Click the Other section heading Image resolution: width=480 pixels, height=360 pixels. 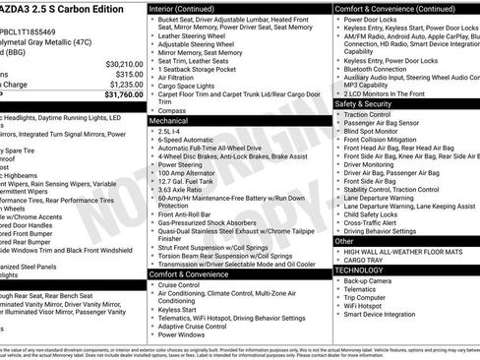coord(344,240)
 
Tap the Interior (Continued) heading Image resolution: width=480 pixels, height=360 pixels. coord(195,8)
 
